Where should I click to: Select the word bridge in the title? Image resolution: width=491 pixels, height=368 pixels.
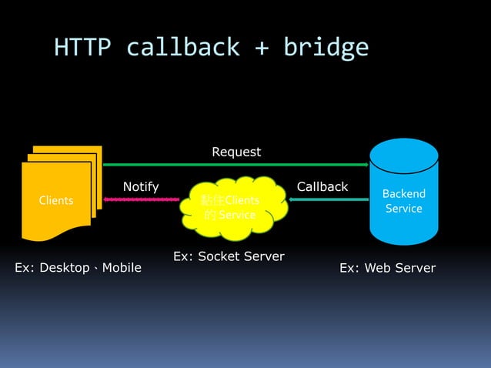click(326, 48)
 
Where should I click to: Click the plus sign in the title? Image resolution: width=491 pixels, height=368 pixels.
click(263, 49)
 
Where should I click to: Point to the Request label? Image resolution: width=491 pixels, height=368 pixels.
click(236, 152)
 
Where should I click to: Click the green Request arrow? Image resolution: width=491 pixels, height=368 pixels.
click(236, 164)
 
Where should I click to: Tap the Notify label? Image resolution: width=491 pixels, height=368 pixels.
click(141, 186)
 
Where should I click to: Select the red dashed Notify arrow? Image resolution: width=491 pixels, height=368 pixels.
click(142, 199)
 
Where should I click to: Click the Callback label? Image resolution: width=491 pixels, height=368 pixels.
click(322, 186)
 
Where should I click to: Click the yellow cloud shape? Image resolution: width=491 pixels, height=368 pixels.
click(231, 207)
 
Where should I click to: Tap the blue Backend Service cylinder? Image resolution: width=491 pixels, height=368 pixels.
click(404, 192)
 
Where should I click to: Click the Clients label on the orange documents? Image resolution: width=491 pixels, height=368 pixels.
click(56, 200)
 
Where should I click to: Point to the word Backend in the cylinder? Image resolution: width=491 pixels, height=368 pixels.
click(404, 193)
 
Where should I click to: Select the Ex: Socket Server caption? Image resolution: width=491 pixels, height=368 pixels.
click(229, 256)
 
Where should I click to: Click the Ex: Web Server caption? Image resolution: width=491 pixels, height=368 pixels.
click(387, 268)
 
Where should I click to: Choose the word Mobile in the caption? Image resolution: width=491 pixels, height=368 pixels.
click(121, 268)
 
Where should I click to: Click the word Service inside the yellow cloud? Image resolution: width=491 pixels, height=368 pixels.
click(237, 215)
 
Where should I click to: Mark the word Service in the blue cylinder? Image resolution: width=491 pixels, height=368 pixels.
click(404, 209)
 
